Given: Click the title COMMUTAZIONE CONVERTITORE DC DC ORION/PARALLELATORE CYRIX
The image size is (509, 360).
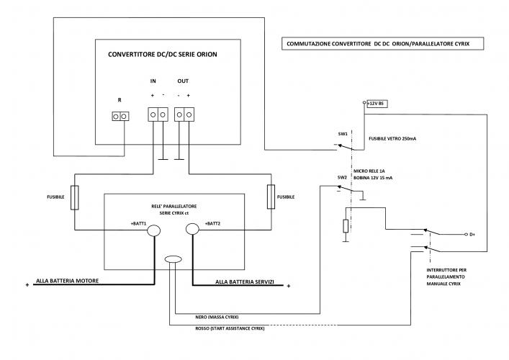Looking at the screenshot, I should click(x=382, y=45).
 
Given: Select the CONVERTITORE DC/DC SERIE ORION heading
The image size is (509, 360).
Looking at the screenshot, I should click(x=162, y=55).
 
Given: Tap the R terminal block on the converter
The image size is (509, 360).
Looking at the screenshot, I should click(x=122, y=116).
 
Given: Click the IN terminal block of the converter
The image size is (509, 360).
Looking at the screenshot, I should click(x=157, y=114).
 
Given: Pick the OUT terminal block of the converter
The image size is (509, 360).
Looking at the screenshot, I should click(x=185, y=114).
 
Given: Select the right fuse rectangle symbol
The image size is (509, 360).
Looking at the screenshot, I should click(x=271, y=196).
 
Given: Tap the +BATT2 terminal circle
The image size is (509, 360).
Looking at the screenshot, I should click(x=192, y=230).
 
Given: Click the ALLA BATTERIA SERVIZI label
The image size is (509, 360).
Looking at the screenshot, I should click(x=246, y=282).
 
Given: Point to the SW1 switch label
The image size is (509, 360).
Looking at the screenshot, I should click(x=342, y=134).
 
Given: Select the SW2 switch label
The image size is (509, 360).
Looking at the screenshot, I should click(x=342, y=176).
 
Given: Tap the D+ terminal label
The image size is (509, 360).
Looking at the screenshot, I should click(x=472, y=234).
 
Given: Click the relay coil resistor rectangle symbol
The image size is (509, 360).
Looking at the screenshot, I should click(x=346, y=226).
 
